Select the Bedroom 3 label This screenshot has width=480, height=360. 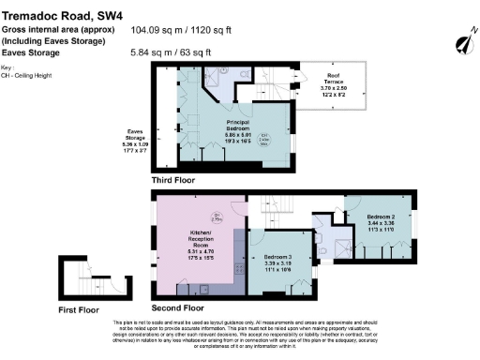(x=278, y=262)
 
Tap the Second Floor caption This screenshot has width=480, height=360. (x=178, y=307)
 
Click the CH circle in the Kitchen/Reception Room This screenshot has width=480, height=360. (x=215, y=217)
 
